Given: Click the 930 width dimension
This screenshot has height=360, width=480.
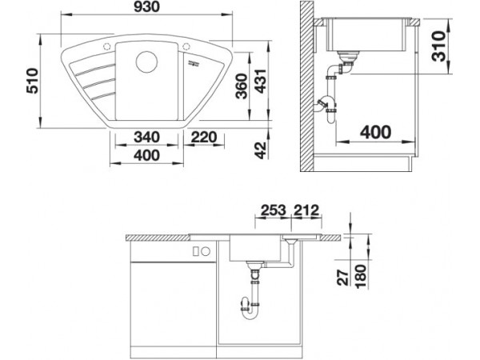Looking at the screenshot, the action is click(146, 7).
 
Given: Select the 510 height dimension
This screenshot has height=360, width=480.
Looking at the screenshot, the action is click(33, 81).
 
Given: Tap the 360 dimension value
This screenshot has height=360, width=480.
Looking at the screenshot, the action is click(242, 86).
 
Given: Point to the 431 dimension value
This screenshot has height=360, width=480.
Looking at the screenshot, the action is click(261, 82).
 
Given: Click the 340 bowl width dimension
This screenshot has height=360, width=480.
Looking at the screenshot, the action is click(146, 137).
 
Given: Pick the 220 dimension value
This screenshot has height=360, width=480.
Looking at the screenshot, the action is click(204, 137).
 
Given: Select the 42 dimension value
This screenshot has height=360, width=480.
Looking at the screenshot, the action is click(261, 150).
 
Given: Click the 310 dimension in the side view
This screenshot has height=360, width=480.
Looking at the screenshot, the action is click(438, 46).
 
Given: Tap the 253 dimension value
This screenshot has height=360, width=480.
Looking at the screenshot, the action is click(273, 210).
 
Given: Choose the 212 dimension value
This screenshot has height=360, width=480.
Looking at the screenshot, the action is click(306, 210).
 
